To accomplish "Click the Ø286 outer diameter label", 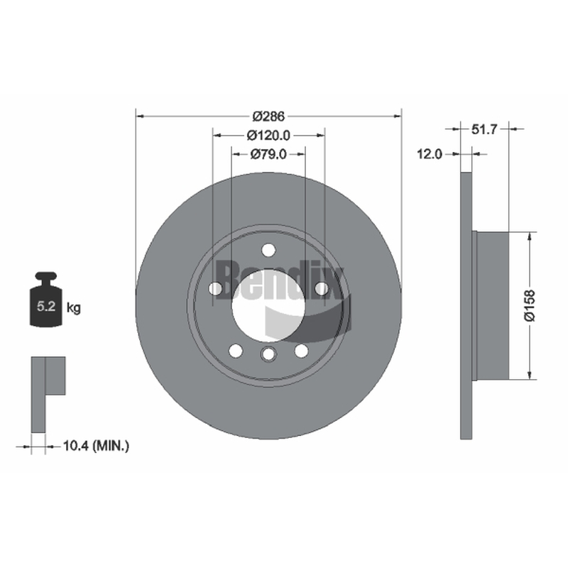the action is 268,116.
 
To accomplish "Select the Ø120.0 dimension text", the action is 268,136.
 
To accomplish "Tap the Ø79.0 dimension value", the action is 268,154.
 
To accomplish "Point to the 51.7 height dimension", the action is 484,129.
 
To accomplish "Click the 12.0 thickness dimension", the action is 430,154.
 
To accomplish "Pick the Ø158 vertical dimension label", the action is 529,305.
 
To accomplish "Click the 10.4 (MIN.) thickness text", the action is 96,446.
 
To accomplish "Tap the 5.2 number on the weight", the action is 46,307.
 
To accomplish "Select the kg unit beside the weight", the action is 74,308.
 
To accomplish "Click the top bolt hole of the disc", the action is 268,250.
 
